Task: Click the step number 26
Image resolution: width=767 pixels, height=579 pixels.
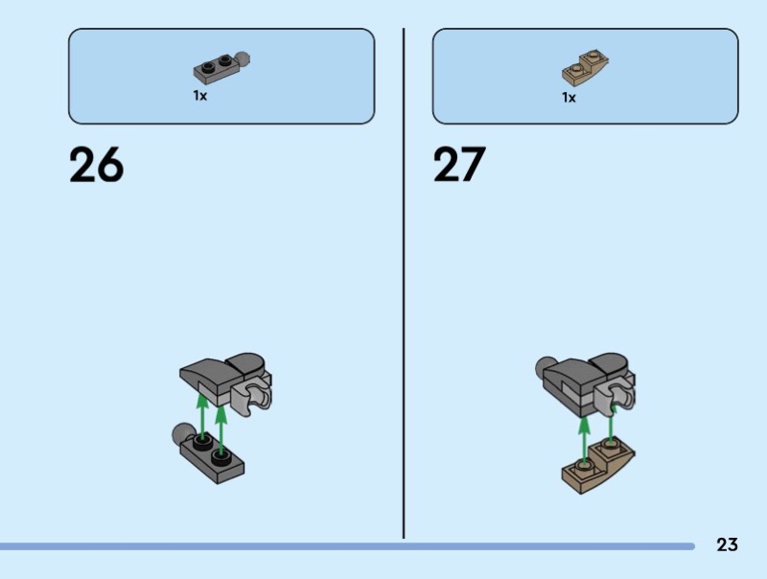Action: point(96,166)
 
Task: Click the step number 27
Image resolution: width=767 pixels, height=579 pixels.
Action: point(460,166)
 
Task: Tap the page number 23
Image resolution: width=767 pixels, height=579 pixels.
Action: point(727,545)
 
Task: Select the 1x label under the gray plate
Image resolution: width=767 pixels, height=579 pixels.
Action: point(200,96)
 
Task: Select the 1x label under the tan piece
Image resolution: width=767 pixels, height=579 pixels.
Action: point(569,97)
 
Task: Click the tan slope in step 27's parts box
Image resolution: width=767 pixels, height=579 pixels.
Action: point(585,67)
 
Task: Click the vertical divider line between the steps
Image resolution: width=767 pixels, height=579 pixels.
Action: point(404,288)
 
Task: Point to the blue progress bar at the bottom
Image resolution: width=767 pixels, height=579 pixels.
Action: point(345,546)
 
